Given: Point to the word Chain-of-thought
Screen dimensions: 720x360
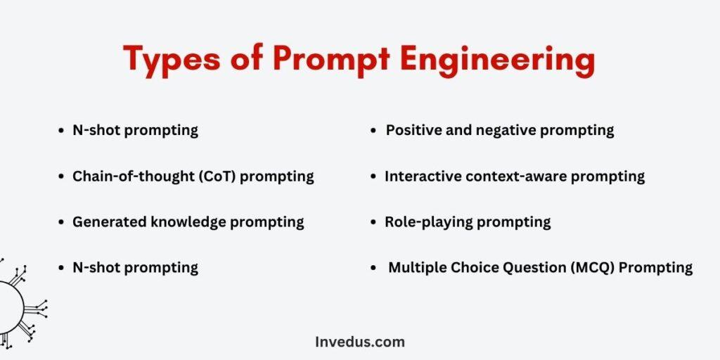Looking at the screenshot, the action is click(133, 176).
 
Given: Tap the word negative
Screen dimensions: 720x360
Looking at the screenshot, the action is click(506, 131).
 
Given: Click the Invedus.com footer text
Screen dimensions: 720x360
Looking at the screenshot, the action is click(360, 342).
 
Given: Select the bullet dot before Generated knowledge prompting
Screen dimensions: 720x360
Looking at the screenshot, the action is click(61, 223).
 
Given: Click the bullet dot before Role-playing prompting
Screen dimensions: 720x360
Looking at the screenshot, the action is click(373, 223).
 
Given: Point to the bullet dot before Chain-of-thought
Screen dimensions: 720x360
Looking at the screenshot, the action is click(61, 176).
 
